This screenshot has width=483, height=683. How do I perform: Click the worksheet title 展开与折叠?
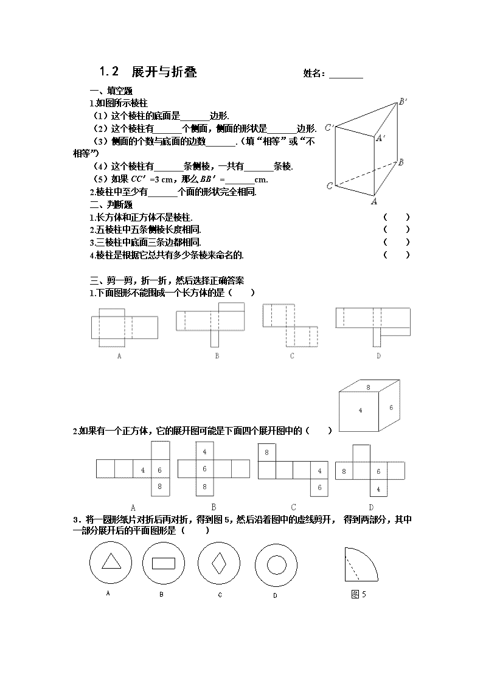pos(164,71)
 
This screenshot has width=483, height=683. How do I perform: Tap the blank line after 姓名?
pos(346,78)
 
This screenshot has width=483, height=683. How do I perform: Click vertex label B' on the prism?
pos(403,102)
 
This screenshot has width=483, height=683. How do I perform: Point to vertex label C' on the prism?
pos(329,128)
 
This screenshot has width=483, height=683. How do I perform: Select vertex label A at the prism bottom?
pos(374,201)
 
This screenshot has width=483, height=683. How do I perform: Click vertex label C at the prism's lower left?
pos(330,186)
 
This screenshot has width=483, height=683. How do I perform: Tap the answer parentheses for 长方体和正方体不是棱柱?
pos(397,217)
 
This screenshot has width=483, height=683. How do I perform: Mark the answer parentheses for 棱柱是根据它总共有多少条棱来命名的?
pos(397,255)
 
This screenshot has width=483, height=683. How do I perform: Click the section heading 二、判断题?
pos(111,204)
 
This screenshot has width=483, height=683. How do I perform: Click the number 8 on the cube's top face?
pos(368,387)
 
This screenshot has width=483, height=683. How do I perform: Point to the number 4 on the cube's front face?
pos(360,410)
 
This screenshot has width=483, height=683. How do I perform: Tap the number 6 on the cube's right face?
pos(391,407)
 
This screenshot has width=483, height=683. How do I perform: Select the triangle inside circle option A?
pos(111,561)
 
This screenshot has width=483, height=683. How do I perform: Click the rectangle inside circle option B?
pos(163,563)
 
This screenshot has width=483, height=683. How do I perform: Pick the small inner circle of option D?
pos(276,565)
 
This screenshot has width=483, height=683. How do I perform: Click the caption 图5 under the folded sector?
pos(358,594)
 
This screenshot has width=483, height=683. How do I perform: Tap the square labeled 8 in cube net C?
pos(266,452)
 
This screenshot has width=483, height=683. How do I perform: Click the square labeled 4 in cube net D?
pos(378,488)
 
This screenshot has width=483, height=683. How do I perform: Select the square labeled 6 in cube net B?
pos(205,469)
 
